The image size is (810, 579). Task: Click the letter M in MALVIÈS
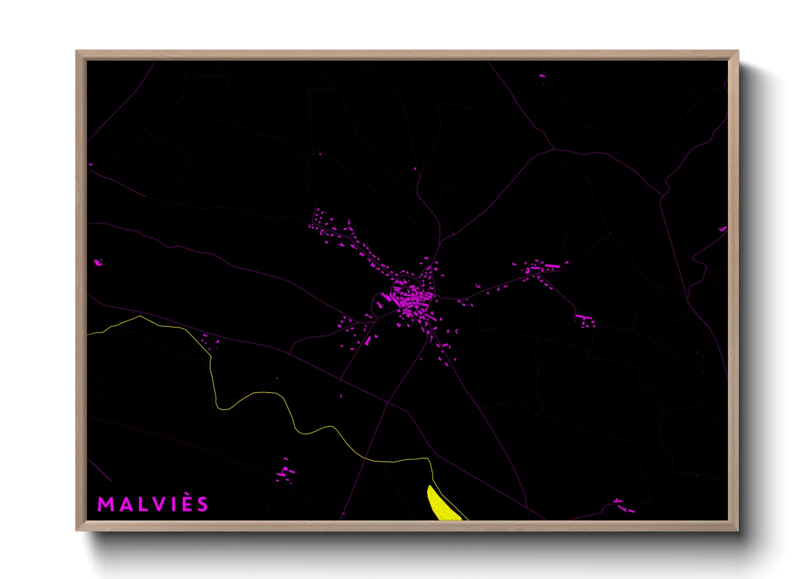105,504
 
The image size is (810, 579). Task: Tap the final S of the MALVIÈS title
204,504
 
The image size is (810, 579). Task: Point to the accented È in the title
187,503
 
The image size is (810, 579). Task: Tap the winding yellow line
274,393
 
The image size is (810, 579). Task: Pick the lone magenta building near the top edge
542,76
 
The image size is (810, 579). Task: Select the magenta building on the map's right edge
722,228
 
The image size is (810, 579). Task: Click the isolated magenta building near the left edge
98,263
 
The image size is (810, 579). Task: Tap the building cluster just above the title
285,473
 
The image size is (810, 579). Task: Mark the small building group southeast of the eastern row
585,320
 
